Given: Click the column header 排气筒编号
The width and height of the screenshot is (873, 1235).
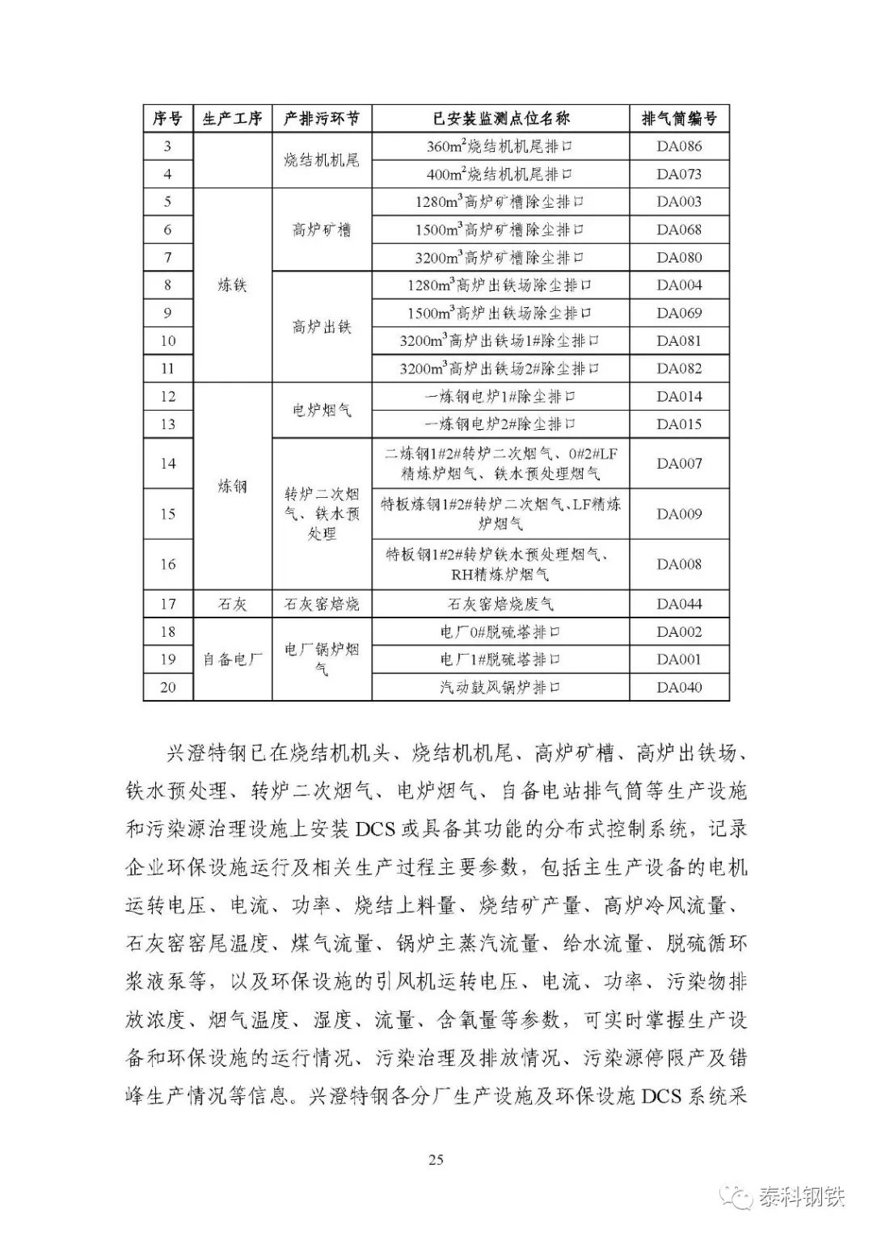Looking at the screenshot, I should (679, 118).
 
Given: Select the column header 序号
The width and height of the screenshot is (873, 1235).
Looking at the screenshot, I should (167, 118).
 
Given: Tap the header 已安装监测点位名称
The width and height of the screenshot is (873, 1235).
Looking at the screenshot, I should (500, 118).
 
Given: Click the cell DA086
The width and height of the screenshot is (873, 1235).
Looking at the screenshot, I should (679, 146).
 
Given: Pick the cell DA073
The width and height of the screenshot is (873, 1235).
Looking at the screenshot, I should (679, 174).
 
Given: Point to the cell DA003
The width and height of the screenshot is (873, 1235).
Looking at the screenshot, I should (679, 202).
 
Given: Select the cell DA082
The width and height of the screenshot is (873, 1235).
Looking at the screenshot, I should (679, 369).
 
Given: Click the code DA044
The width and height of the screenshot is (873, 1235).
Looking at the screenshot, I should (679, 604).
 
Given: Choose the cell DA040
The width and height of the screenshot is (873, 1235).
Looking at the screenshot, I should (679, 687).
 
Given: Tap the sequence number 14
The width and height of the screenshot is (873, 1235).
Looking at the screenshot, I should (167, 463).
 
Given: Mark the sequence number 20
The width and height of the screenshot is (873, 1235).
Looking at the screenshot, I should (167, 687).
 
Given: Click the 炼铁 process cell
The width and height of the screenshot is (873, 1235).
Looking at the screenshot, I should (233, 285).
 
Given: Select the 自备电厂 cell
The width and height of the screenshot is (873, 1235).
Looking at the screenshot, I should (233, 660).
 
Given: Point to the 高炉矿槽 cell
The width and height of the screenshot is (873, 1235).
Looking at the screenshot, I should (322, 230).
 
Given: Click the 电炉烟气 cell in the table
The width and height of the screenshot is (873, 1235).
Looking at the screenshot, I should (322, 411).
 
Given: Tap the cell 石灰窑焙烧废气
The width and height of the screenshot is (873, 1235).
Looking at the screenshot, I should (500, 604).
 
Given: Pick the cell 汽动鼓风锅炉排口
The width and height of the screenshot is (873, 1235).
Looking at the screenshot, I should (500, 687).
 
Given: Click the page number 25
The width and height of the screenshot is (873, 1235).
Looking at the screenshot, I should (436, 1160).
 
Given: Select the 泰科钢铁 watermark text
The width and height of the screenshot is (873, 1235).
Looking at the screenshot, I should (800, 1195).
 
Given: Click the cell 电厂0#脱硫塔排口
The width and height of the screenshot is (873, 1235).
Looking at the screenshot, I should (500, 632).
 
